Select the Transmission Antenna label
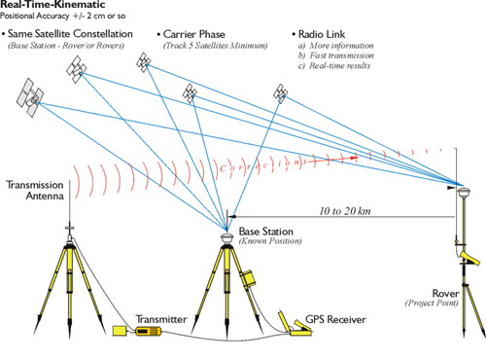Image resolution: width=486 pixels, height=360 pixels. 35,191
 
